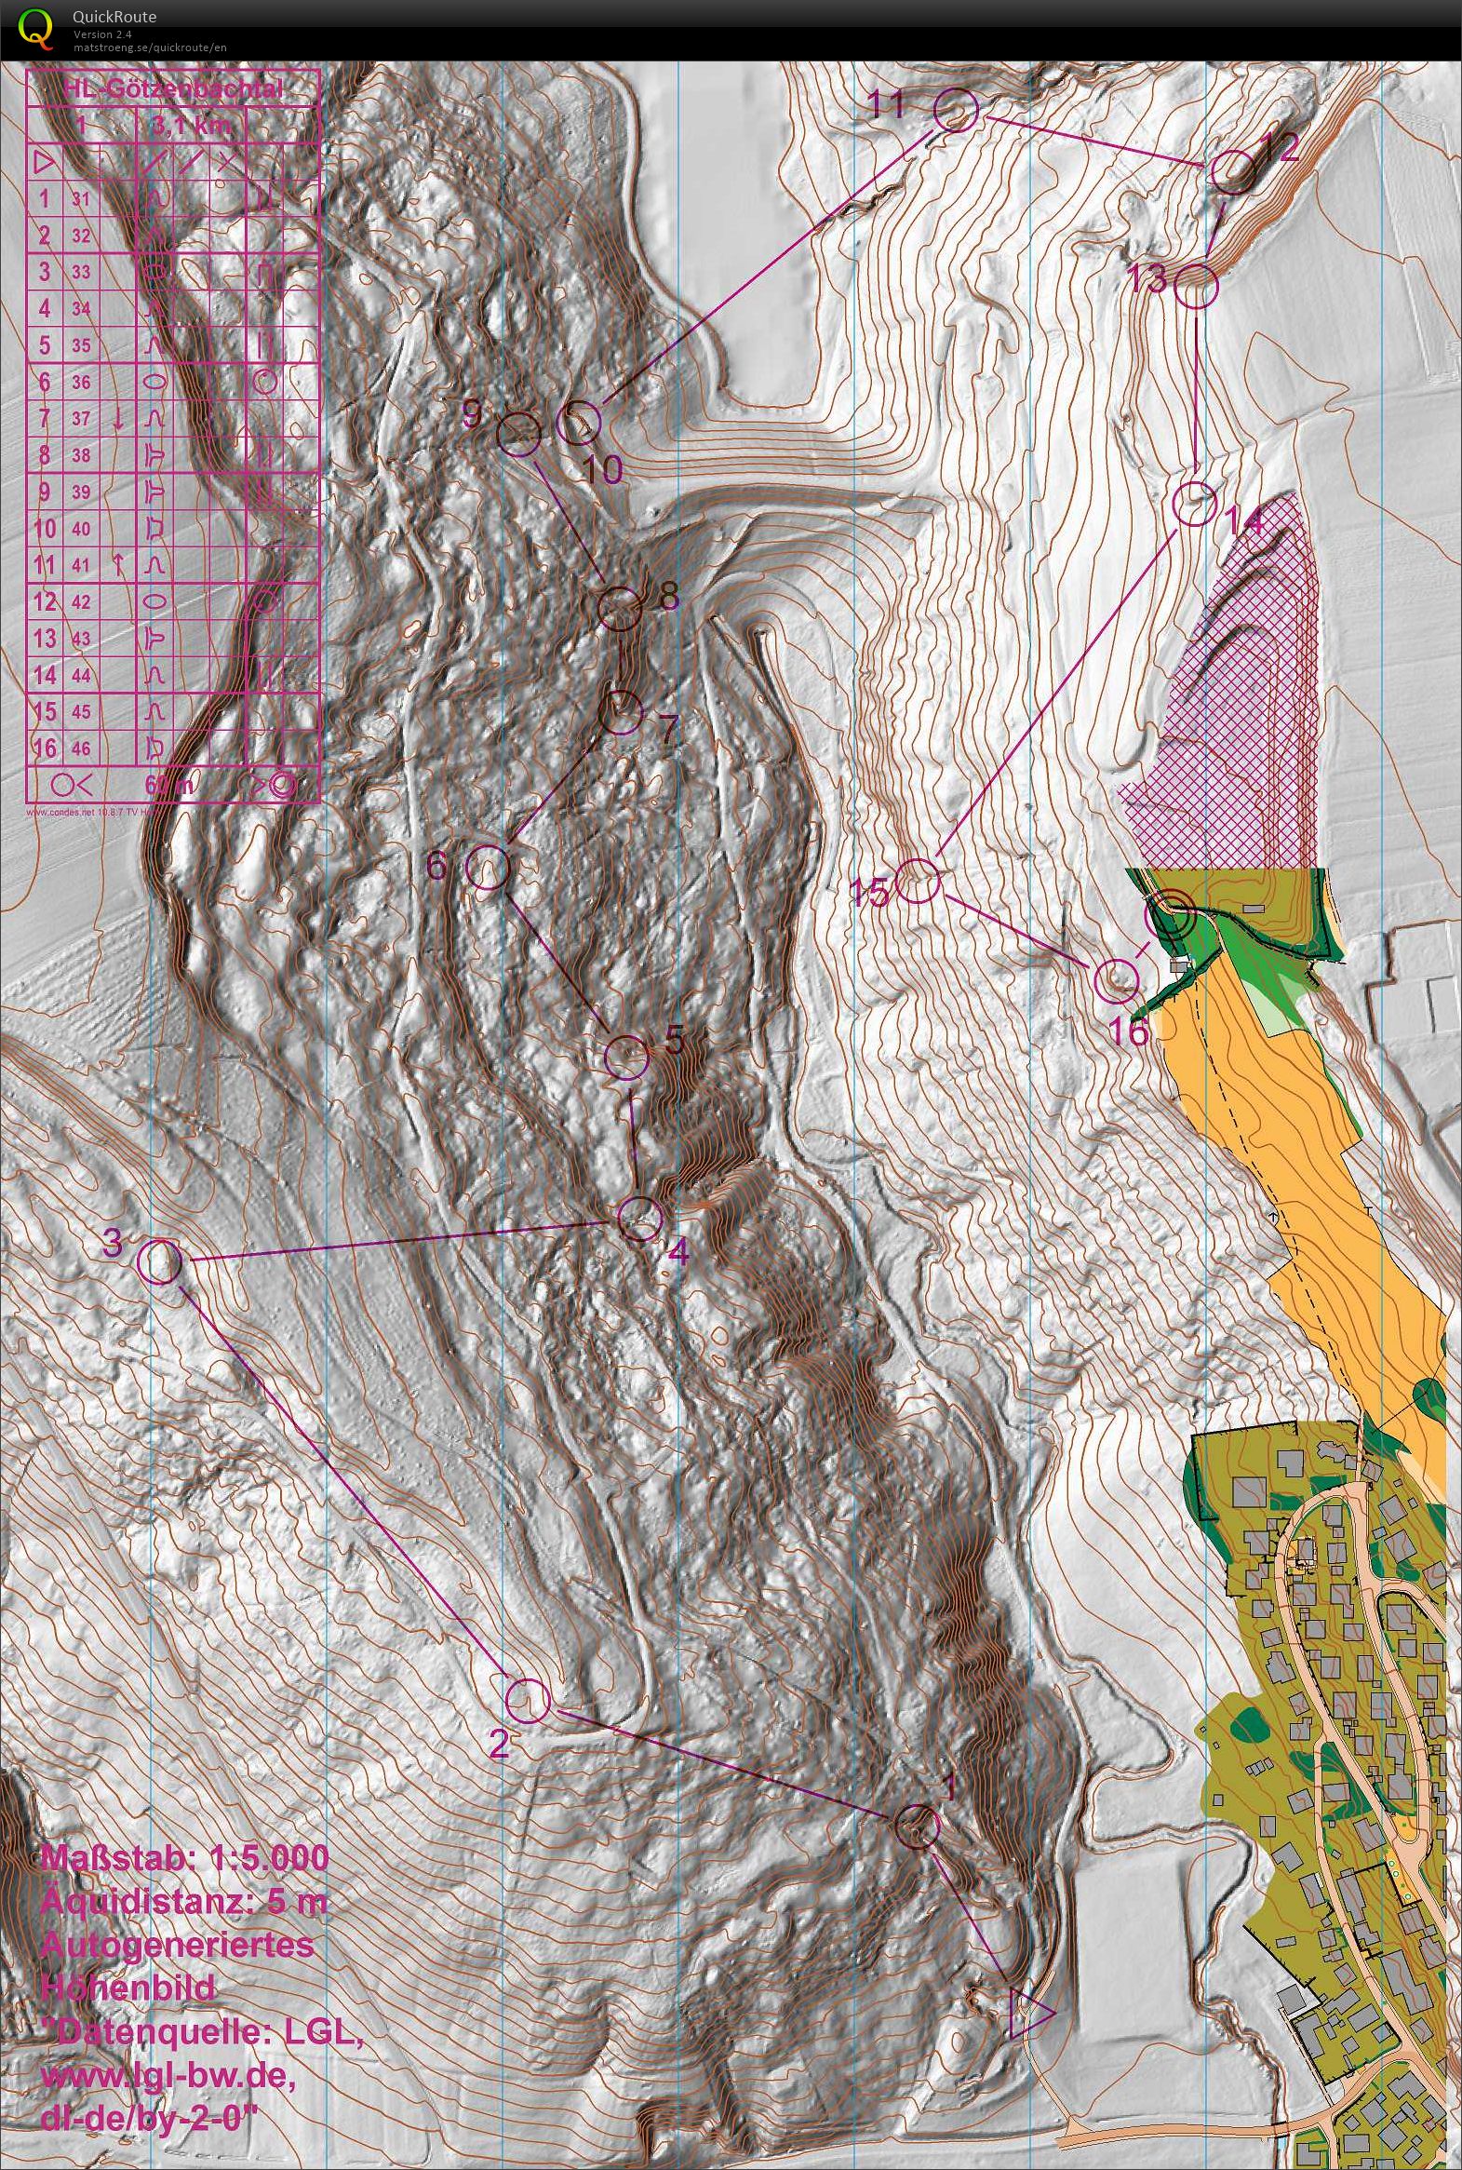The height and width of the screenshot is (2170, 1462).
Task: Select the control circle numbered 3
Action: pos(158,1261)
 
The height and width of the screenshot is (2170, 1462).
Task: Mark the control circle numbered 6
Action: pos(487,867)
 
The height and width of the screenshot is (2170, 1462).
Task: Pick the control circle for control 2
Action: pos(527,1699)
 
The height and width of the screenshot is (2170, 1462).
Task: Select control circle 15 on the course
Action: pos(918,881)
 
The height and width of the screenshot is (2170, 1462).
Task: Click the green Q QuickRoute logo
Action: pos(36,28)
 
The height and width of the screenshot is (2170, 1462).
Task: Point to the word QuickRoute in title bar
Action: pos(113,17)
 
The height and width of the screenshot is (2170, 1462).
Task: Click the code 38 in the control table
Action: pos(81,455)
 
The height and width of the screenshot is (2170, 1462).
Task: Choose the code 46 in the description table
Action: pos(81,748)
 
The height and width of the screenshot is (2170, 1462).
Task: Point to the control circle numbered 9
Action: pos(518,433)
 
